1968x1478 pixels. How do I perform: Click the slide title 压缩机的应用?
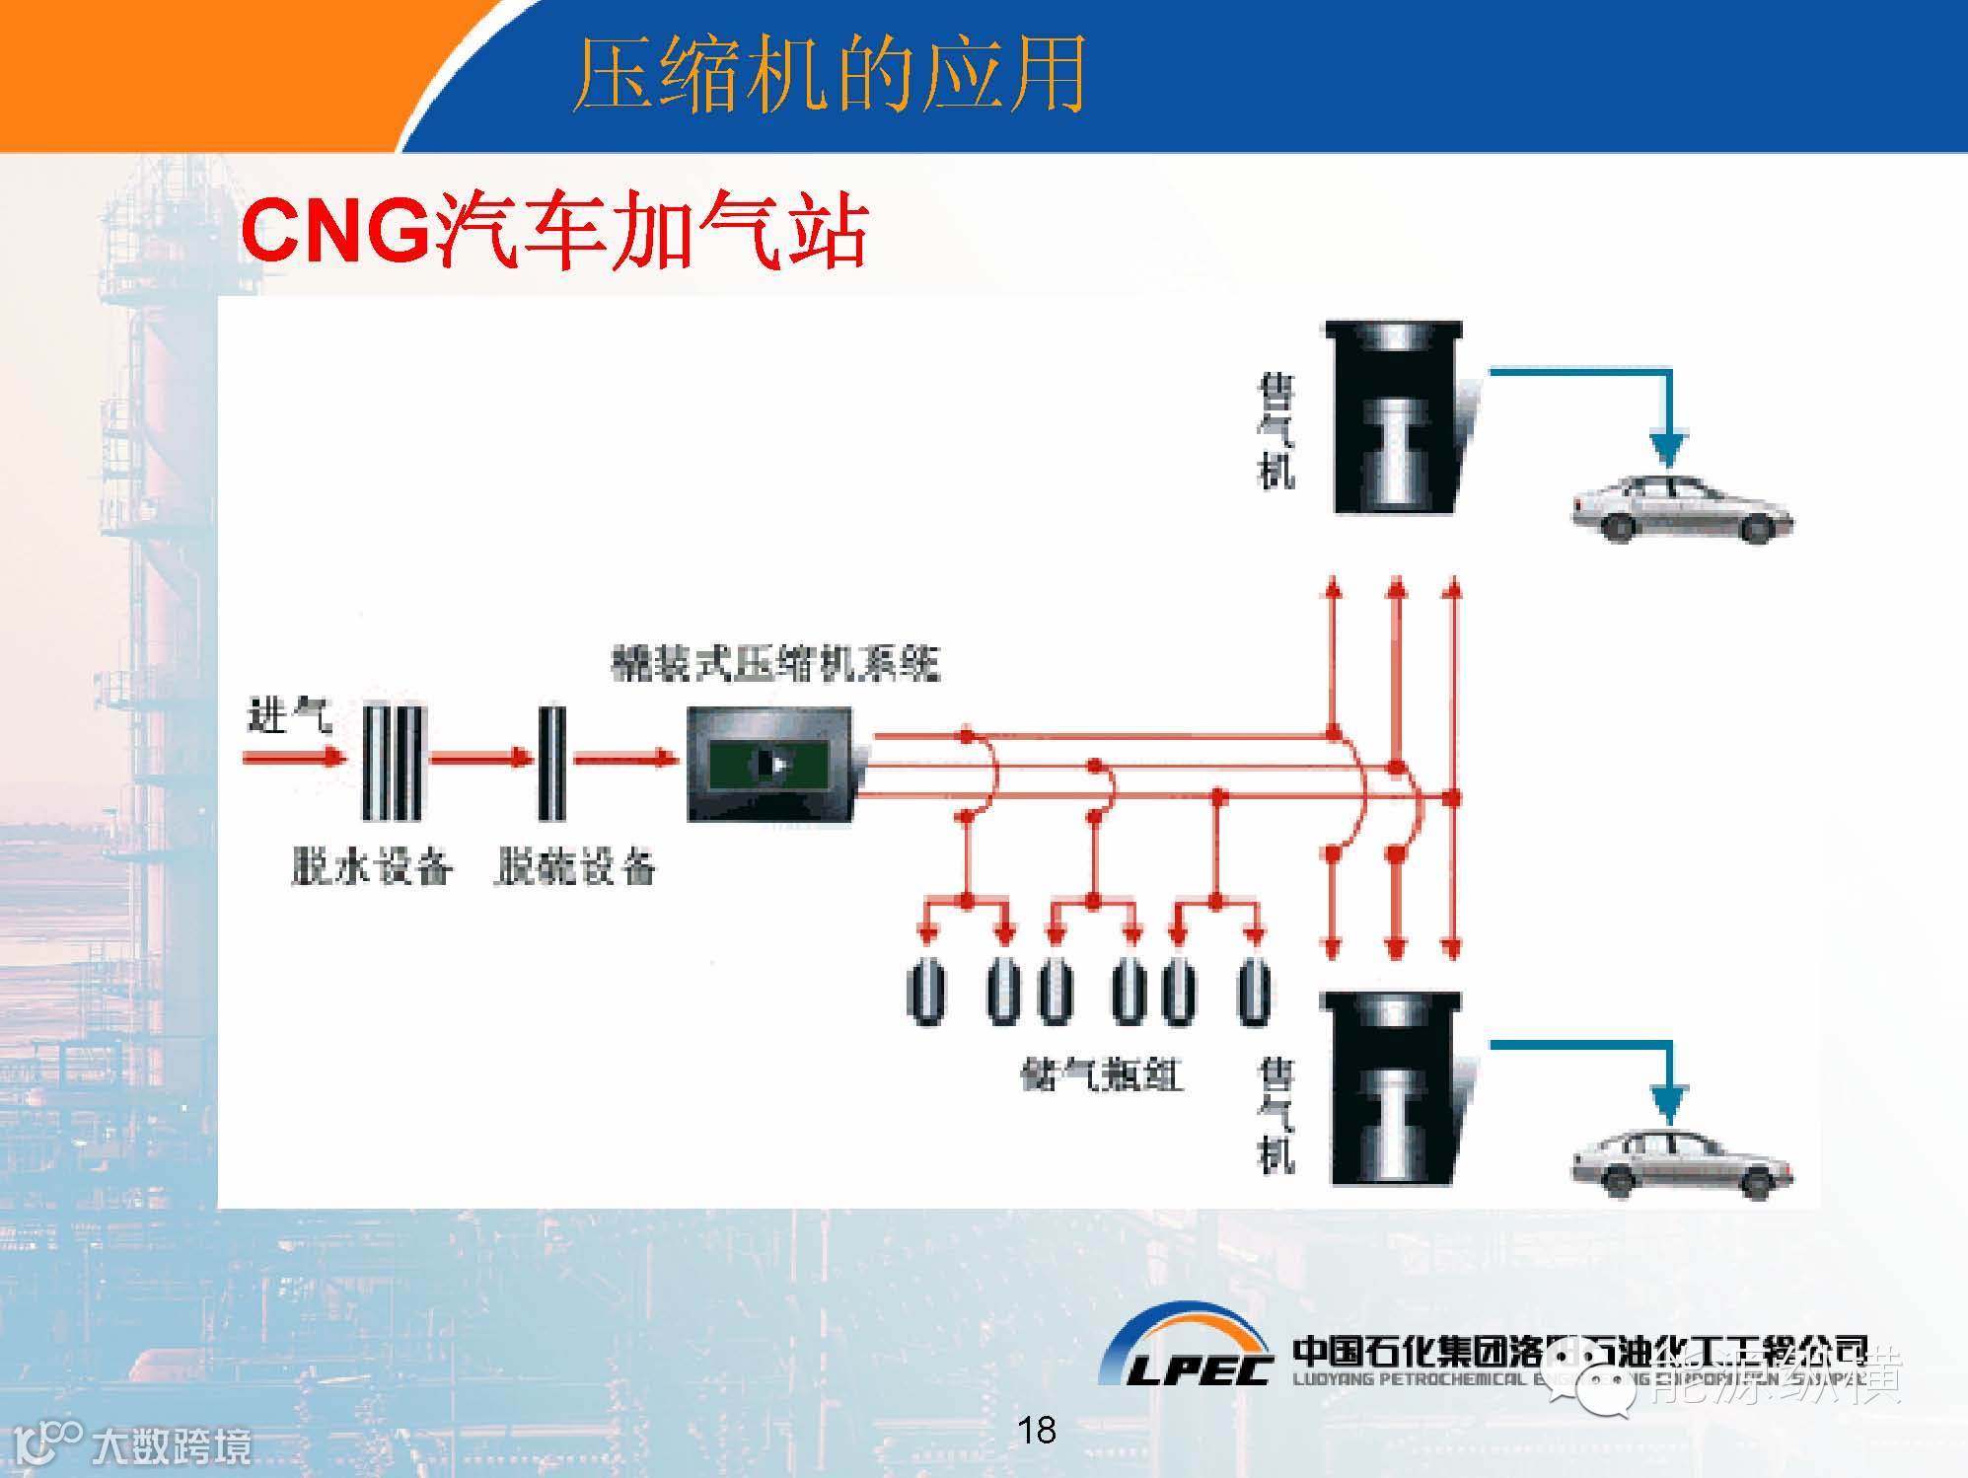pos(829,74)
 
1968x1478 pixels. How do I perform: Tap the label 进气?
pos(289,714)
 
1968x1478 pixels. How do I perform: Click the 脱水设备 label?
pos(372,867)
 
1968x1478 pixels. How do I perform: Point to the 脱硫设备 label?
pos(574,867)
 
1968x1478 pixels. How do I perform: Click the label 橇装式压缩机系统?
pos(775,664)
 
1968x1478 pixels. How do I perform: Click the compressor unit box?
pos(770,764)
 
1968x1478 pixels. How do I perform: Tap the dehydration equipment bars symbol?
pos(392,762)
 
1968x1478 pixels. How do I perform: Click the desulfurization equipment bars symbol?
pos(551,762)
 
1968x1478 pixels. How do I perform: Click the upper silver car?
pos(1681,509)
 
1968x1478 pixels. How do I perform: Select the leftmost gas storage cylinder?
pos(925,992)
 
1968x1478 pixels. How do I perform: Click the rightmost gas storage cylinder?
pos(1254,992)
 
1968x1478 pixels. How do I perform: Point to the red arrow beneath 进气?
pos(294,758)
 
